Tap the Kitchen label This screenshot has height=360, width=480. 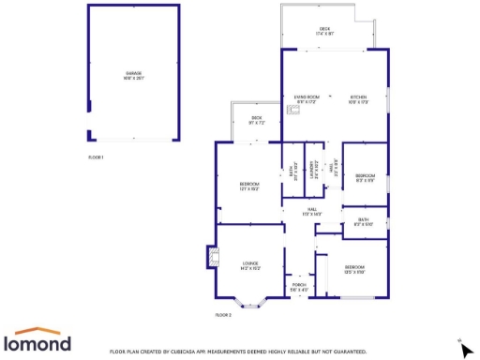(x=358, y=98)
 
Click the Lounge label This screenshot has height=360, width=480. (x=250, y=264)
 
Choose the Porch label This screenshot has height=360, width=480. (x=299, y=286)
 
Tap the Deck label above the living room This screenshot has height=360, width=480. (x=325, y=31)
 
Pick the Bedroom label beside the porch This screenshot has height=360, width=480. (x=353, y=269)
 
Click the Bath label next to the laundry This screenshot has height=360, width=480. (x=292, y=171)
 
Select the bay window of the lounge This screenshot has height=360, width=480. (x=250, y=304)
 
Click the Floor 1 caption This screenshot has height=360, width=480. (x=96, y=157)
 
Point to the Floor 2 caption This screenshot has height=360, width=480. (x=222, y=315)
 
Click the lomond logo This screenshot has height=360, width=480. (x=40, y=340)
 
